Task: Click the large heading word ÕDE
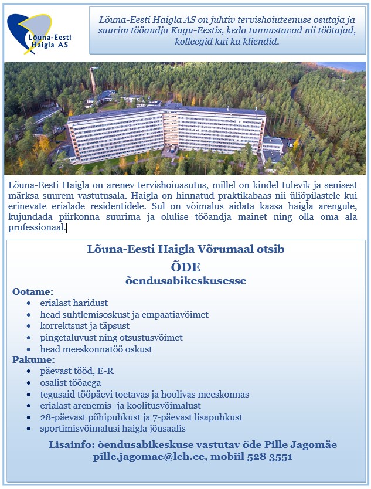186,267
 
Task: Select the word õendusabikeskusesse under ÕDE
186,281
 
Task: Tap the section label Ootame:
33,291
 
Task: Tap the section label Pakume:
33,359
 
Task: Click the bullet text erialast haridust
74,303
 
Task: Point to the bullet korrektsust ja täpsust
85,326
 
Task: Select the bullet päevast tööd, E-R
77,371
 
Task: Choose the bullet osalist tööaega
70,383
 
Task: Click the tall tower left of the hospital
92,85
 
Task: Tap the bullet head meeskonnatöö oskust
96,349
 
